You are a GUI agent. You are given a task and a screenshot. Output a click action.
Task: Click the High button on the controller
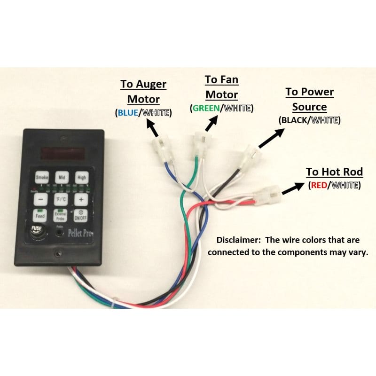coord(82,178)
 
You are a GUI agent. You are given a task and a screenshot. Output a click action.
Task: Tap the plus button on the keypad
coord(81,199)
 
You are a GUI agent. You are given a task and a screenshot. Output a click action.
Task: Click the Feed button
coord(39,216)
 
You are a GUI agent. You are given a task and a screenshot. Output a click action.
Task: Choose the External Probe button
coord(60,216)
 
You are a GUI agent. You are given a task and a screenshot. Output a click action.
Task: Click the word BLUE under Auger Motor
coord(128,113)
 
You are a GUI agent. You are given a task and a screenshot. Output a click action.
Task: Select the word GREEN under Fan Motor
coord(205,108)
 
